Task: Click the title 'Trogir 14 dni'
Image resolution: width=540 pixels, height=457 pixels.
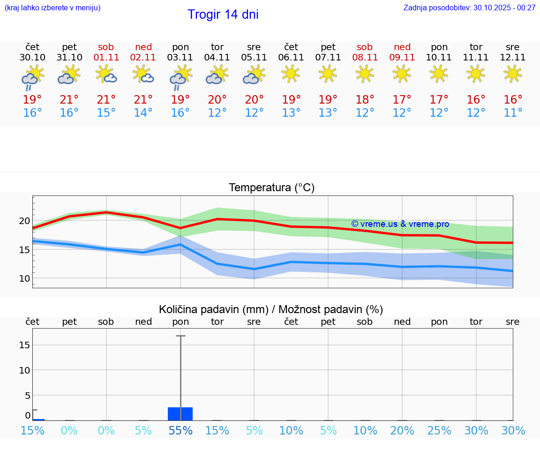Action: point(223,15)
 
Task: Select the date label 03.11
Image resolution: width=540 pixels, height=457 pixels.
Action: point(180,58)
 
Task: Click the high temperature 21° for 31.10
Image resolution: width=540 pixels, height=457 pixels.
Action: point(69,100)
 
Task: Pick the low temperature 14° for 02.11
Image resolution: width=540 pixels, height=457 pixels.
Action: point(143,113)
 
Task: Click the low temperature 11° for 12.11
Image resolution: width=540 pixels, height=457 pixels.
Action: point(513,113)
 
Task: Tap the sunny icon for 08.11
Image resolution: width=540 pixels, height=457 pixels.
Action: point(365,74)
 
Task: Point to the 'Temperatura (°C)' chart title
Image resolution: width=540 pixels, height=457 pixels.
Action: point(271,188)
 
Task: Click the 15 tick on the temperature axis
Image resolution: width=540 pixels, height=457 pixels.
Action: point(24,249)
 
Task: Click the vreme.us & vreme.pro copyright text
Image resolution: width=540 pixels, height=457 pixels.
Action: point(400,224)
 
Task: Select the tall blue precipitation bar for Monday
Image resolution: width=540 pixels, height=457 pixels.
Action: point(180,413)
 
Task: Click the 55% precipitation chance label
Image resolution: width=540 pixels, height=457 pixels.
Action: point(180,431)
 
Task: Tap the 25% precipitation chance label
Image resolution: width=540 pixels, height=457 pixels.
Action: point(439,431)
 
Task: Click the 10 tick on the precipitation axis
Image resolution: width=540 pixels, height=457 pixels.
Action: point(24,370)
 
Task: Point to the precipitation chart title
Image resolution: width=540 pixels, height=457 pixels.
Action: point(271,309)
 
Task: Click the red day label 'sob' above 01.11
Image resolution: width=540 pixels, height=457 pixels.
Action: point(106,47)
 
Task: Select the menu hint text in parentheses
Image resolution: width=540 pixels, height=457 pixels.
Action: point(52,7)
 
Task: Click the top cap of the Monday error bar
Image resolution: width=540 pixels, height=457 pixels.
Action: point(180,336)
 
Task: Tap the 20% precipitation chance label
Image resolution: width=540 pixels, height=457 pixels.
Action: point(402,431)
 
